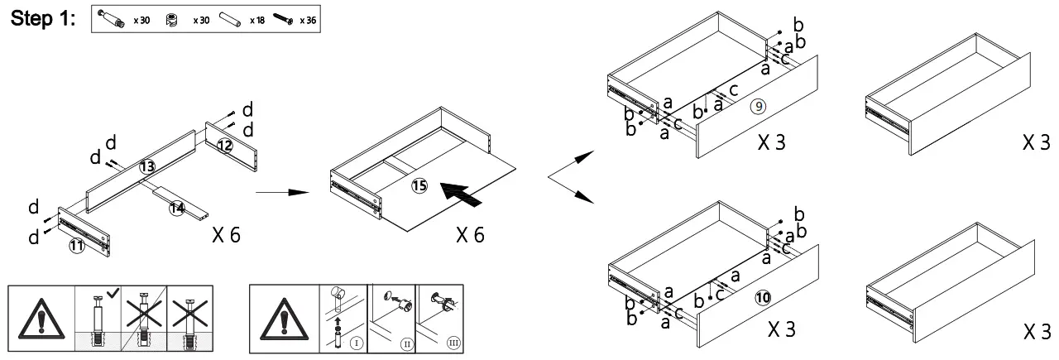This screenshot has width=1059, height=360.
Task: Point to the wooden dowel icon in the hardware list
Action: [x=233, y=19]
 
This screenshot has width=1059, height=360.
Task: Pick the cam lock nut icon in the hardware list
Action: [x=172, y=19]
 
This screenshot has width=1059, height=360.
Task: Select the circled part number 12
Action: [x=225, y=146]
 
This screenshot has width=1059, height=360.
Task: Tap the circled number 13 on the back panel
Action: [x=146, y=166]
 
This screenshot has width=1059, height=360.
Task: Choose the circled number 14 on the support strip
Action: [x=176, y=208]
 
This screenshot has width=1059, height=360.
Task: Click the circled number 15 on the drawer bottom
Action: [x=419, y=187]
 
